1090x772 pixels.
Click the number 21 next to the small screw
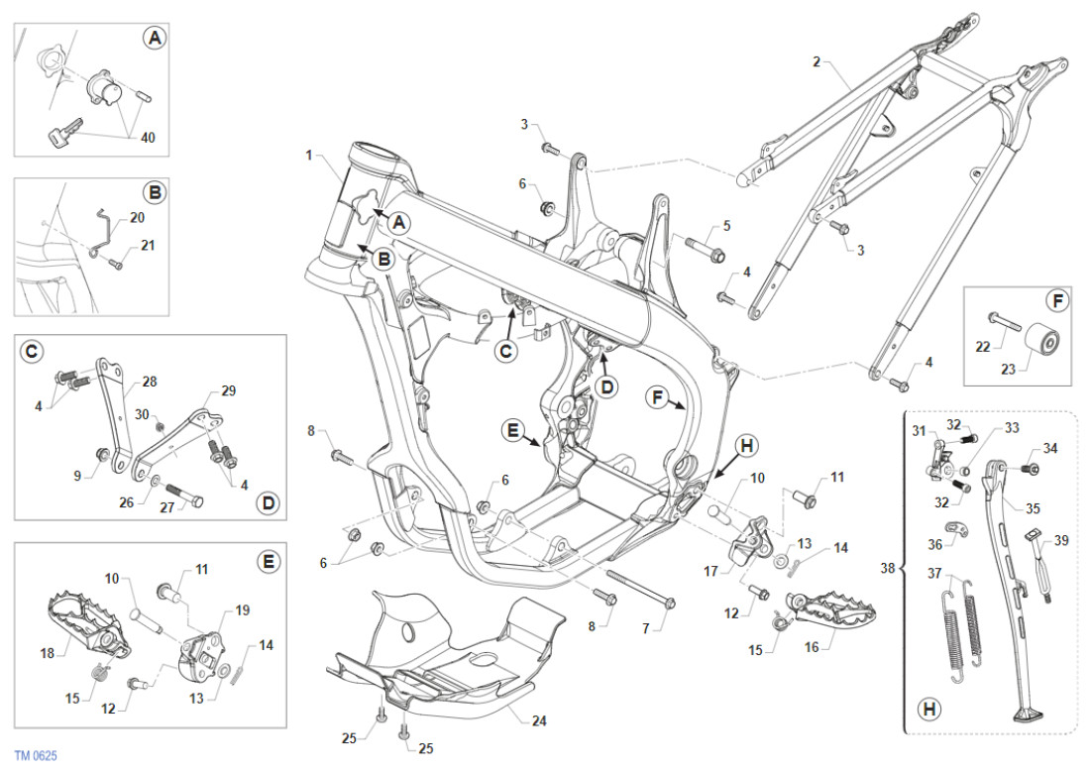coord(148,245)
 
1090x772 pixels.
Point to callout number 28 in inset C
coord(150,382)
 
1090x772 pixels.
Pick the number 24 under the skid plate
coord(538,720)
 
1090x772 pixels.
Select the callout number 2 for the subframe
coord(817,61)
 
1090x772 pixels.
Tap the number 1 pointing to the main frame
coord(309,156)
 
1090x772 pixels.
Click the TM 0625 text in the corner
coord(36,756)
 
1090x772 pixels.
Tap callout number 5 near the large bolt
coord(726,226)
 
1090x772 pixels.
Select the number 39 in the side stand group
coord(1061,541)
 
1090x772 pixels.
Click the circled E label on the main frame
coord(512,431)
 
